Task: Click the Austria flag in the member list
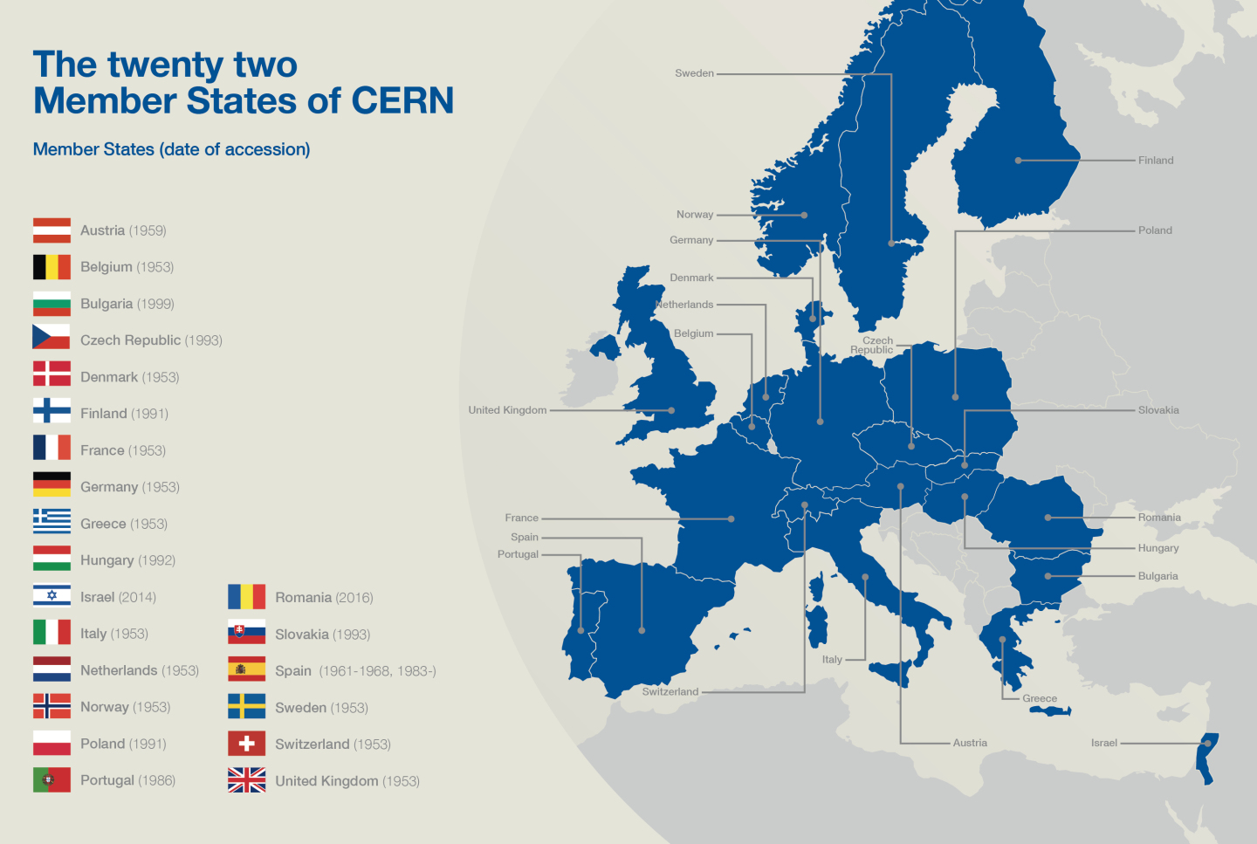click(52, 230)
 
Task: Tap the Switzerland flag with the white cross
click(246, 744)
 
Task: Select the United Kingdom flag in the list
click(246, 780)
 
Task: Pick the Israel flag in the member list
click(52, 597)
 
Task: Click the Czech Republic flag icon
click(52, 340)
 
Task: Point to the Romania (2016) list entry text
click(324, 598)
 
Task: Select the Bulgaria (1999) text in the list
click(127, 304)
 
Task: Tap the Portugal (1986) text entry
click(127, 780)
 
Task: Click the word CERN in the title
click(402, 101)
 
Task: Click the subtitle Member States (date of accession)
click(171, 149)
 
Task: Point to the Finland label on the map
click(1156, 161)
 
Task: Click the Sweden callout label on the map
click(694, 73)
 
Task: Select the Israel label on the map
click(1103, 744)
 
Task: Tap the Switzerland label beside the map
click(670, 692)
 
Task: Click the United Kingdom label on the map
click(507, 410)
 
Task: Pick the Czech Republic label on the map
click(873, 346)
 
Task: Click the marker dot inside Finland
click(1018, 161)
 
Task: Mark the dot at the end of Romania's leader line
click(1047, 518)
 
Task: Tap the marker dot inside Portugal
click(580, 630)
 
